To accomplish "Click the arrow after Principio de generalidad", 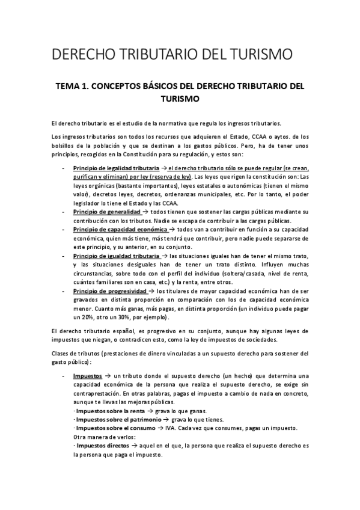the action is [x=147, y=212].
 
